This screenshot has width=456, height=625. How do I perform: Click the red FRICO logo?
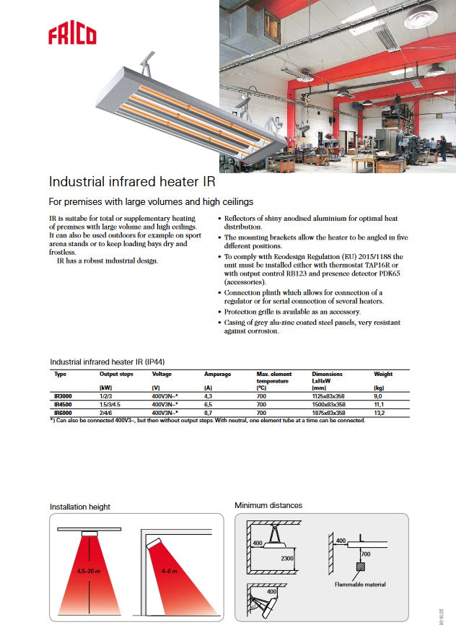pyautogui.click(x=72, y=33)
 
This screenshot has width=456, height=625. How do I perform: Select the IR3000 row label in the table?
pyautogui.click(x=63, y=395)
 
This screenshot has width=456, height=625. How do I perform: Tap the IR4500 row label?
pyautogui.click(x=63, y=405)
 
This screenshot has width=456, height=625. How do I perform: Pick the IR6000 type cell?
pyautogui.click(x=63, y=413)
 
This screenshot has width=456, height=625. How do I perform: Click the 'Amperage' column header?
pyautogui.click(x=217, y=374)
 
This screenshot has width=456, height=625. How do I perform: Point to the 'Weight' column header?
pyautogui.click(x=383, y=374)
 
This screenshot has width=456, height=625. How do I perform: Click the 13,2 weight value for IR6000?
pyautogui.click(x=380, y=413)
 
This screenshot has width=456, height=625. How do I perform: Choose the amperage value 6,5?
pyautogui.click(x=209, y=405)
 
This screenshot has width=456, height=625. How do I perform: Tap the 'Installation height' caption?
pyautogui.click(x=80, y=507)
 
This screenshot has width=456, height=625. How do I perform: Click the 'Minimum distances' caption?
pyautogui.click(x=268, y=505)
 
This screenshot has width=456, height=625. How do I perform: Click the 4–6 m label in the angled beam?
pyautogui.click(x=171, y=571)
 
